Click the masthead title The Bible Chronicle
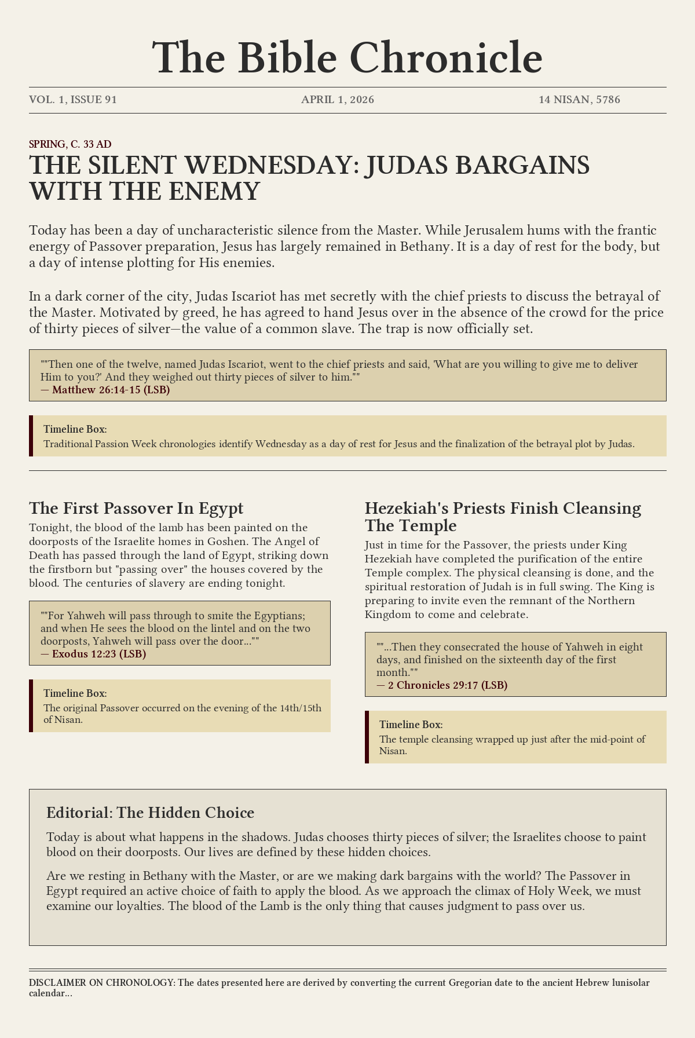(x=348, y=58)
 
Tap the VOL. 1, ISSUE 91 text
(x=73, y=100)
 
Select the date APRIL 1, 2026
(x=338, y=100)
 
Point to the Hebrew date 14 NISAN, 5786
(x=579, y=100)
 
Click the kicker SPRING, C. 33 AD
(x=70, y=144)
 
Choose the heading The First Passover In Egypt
(x=136, y=508)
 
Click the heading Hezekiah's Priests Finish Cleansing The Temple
(x=503, y=517)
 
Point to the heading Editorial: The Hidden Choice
(x=150, y=813)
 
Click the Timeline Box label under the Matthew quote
(x=75, y=429)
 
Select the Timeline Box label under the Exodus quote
(x=75, y=693)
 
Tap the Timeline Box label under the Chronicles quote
(x=411, y=724)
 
